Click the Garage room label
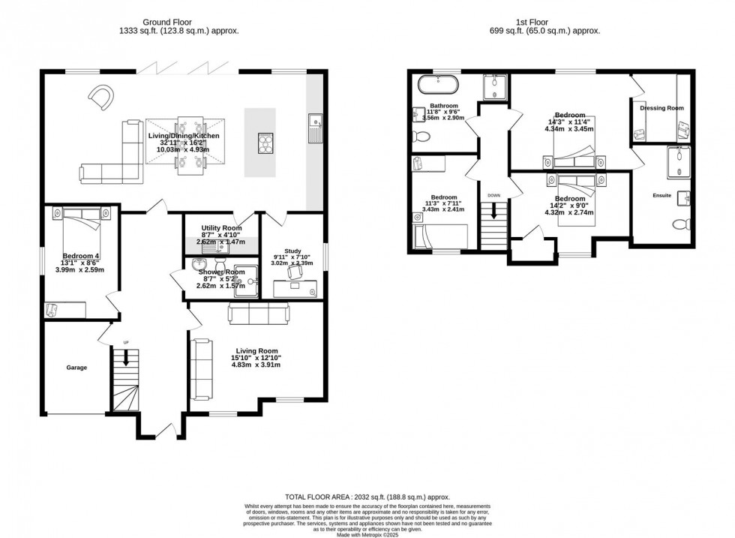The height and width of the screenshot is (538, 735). pos(76,368)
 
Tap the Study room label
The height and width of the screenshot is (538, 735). pos(292,251)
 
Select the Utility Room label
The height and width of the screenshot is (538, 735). pos(221,228)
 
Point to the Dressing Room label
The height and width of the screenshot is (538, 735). pos(661,108)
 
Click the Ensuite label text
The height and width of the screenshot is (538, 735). pos(661,195)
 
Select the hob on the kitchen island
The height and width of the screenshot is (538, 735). pos(266,142)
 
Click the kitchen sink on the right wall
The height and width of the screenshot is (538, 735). pos(316,128)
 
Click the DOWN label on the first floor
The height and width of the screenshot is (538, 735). pos(493,195)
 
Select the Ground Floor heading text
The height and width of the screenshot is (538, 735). pos(145,23)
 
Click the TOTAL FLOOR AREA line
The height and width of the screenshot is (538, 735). pos(367,497)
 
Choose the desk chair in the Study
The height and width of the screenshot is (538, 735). pos(295,275)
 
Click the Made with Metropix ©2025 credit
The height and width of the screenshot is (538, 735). pos(367,533)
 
